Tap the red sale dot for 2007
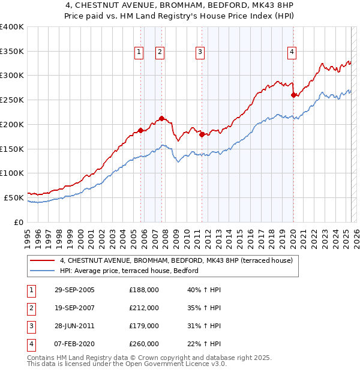click(162, 118)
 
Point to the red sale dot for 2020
click(293, 95)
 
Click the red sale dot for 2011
click(202, 134)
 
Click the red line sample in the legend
click(42, 260)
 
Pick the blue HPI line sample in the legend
click(42, 271)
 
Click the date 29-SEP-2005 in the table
click(74, 290)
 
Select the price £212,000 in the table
click(144, 308)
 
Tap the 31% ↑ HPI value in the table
click(204, 326)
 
